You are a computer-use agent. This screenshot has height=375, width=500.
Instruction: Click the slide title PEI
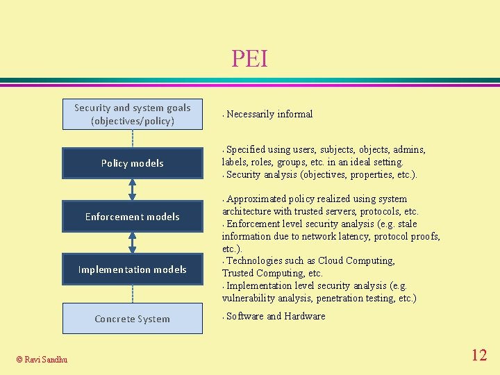[x=249, y=59]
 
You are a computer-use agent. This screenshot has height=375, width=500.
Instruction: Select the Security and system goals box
[x=132, y=114]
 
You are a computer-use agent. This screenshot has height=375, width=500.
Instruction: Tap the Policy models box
[x=132, y=163]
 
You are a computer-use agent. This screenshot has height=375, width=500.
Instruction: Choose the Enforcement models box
[x=132, y=217]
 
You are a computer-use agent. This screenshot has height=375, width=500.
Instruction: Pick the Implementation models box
[x=132, y=269]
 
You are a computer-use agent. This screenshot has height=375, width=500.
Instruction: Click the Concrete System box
[x=132, y=319]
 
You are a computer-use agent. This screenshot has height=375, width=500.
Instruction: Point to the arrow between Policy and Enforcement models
[x=132, y=190]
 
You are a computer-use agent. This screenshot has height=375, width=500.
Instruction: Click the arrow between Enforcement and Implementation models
[x=132, y=243]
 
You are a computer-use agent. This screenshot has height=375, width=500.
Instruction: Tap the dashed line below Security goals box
[x=132, y=139]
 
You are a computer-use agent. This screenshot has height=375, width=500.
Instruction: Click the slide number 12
[x=479, y=356]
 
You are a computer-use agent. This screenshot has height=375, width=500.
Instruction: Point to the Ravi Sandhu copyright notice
[x=42, y=359]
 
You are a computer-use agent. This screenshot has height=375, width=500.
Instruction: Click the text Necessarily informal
[x=269, y=114]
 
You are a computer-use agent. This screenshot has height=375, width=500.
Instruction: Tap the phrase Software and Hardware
[x=276, y=316]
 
